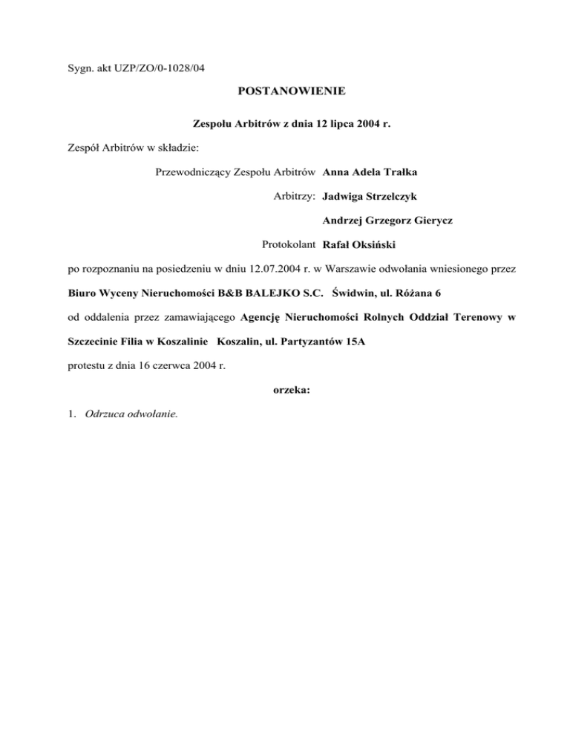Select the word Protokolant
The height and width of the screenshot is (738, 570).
[x=289, y=244]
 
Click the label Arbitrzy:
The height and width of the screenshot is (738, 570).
[x=295, y=197]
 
